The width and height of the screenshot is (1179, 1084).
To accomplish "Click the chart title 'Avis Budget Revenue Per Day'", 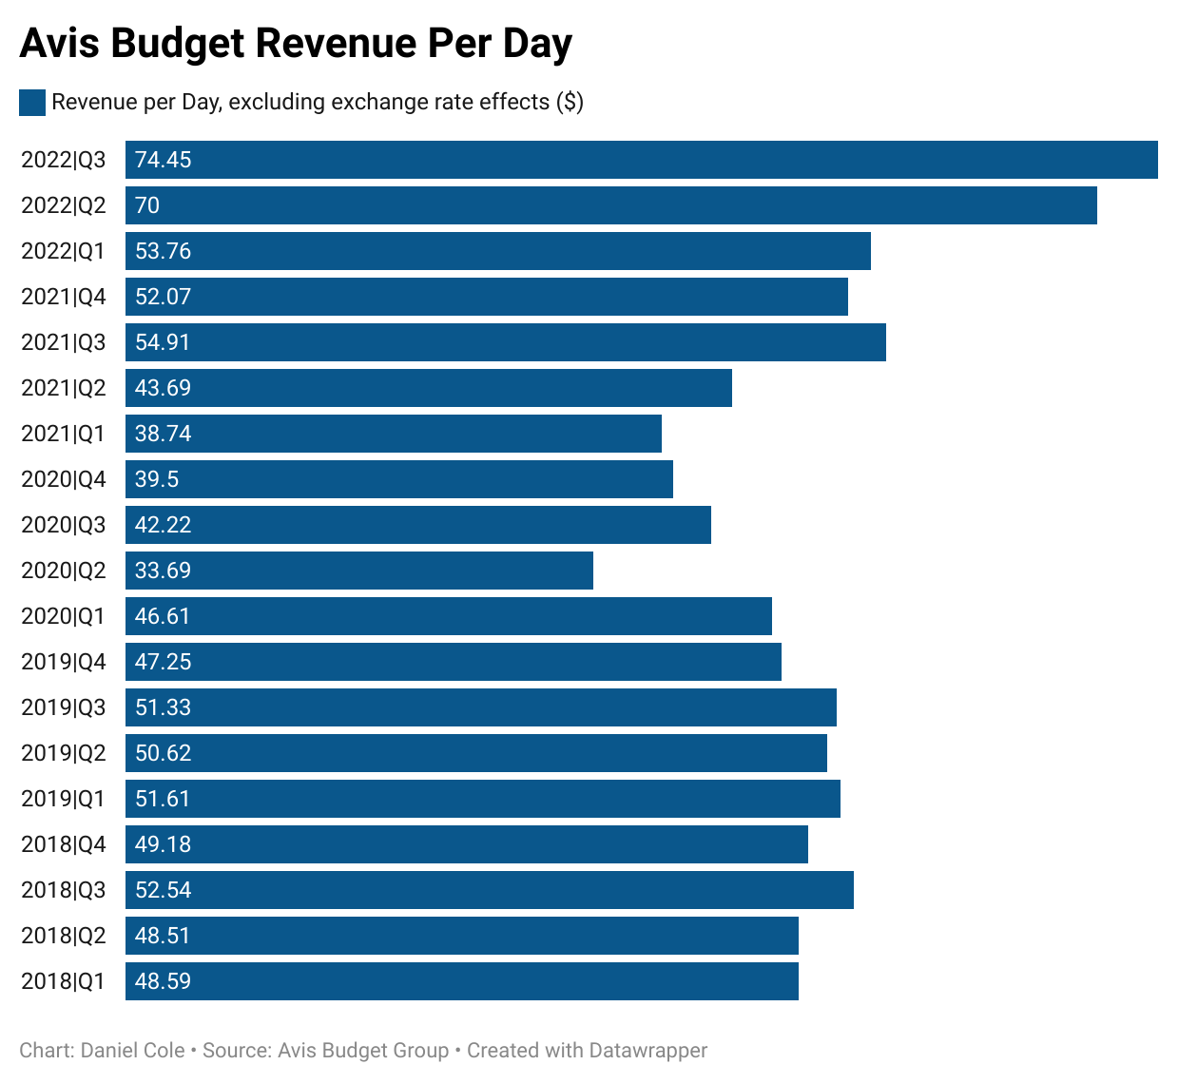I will (x=296, y=44).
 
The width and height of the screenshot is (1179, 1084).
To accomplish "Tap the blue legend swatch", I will (x=32, y=103).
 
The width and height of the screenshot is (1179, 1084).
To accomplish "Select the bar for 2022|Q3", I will (x=642, y=160).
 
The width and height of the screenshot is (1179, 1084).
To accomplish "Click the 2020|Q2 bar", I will (x=359, y=571).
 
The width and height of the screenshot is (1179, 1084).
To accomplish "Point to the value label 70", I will (x=147, y=205).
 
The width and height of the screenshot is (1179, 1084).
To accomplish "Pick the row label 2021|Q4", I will (x=64, y=297).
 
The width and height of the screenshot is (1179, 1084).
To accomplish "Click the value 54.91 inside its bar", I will (x=163, y=342).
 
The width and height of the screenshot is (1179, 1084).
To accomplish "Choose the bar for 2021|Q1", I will (x=394, y=434).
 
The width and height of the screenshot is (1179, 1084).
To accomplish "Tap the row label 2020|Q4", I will (x=64, y=479).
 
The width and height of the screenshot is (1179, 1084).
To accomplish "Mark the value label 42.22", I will (x=163, y=525).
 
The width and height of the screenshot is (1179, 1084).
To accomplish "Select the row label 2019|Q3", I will (x=64, y=707).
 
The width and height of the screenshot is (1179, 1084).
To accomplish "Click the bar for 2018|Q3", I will (x=490, y=890).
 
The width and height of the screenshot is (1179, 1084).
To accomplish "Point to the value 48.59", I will (x=163, y=981).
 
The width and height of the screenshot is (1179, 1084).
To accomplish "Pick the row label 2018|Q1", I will (x=64, y=981).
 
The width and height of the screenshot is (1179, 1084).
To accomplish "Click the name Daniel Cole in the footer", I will (x=133, y=1051).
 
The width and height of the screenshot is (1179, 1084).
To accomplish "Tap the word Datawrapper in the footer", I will (x=647, y=1051).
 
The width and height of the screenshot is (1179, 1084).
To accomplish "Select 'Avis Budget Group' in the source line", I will (x=363, y=1051).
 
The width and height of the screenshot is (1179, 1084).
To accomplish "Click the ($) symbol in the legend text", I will (x=570, y=103).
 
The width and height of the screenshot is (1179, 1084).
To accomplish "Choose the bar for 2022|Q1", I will (x=498, y=251).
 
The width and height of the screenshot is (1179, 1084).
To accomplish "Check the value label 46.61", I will (x=163, y=616).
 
